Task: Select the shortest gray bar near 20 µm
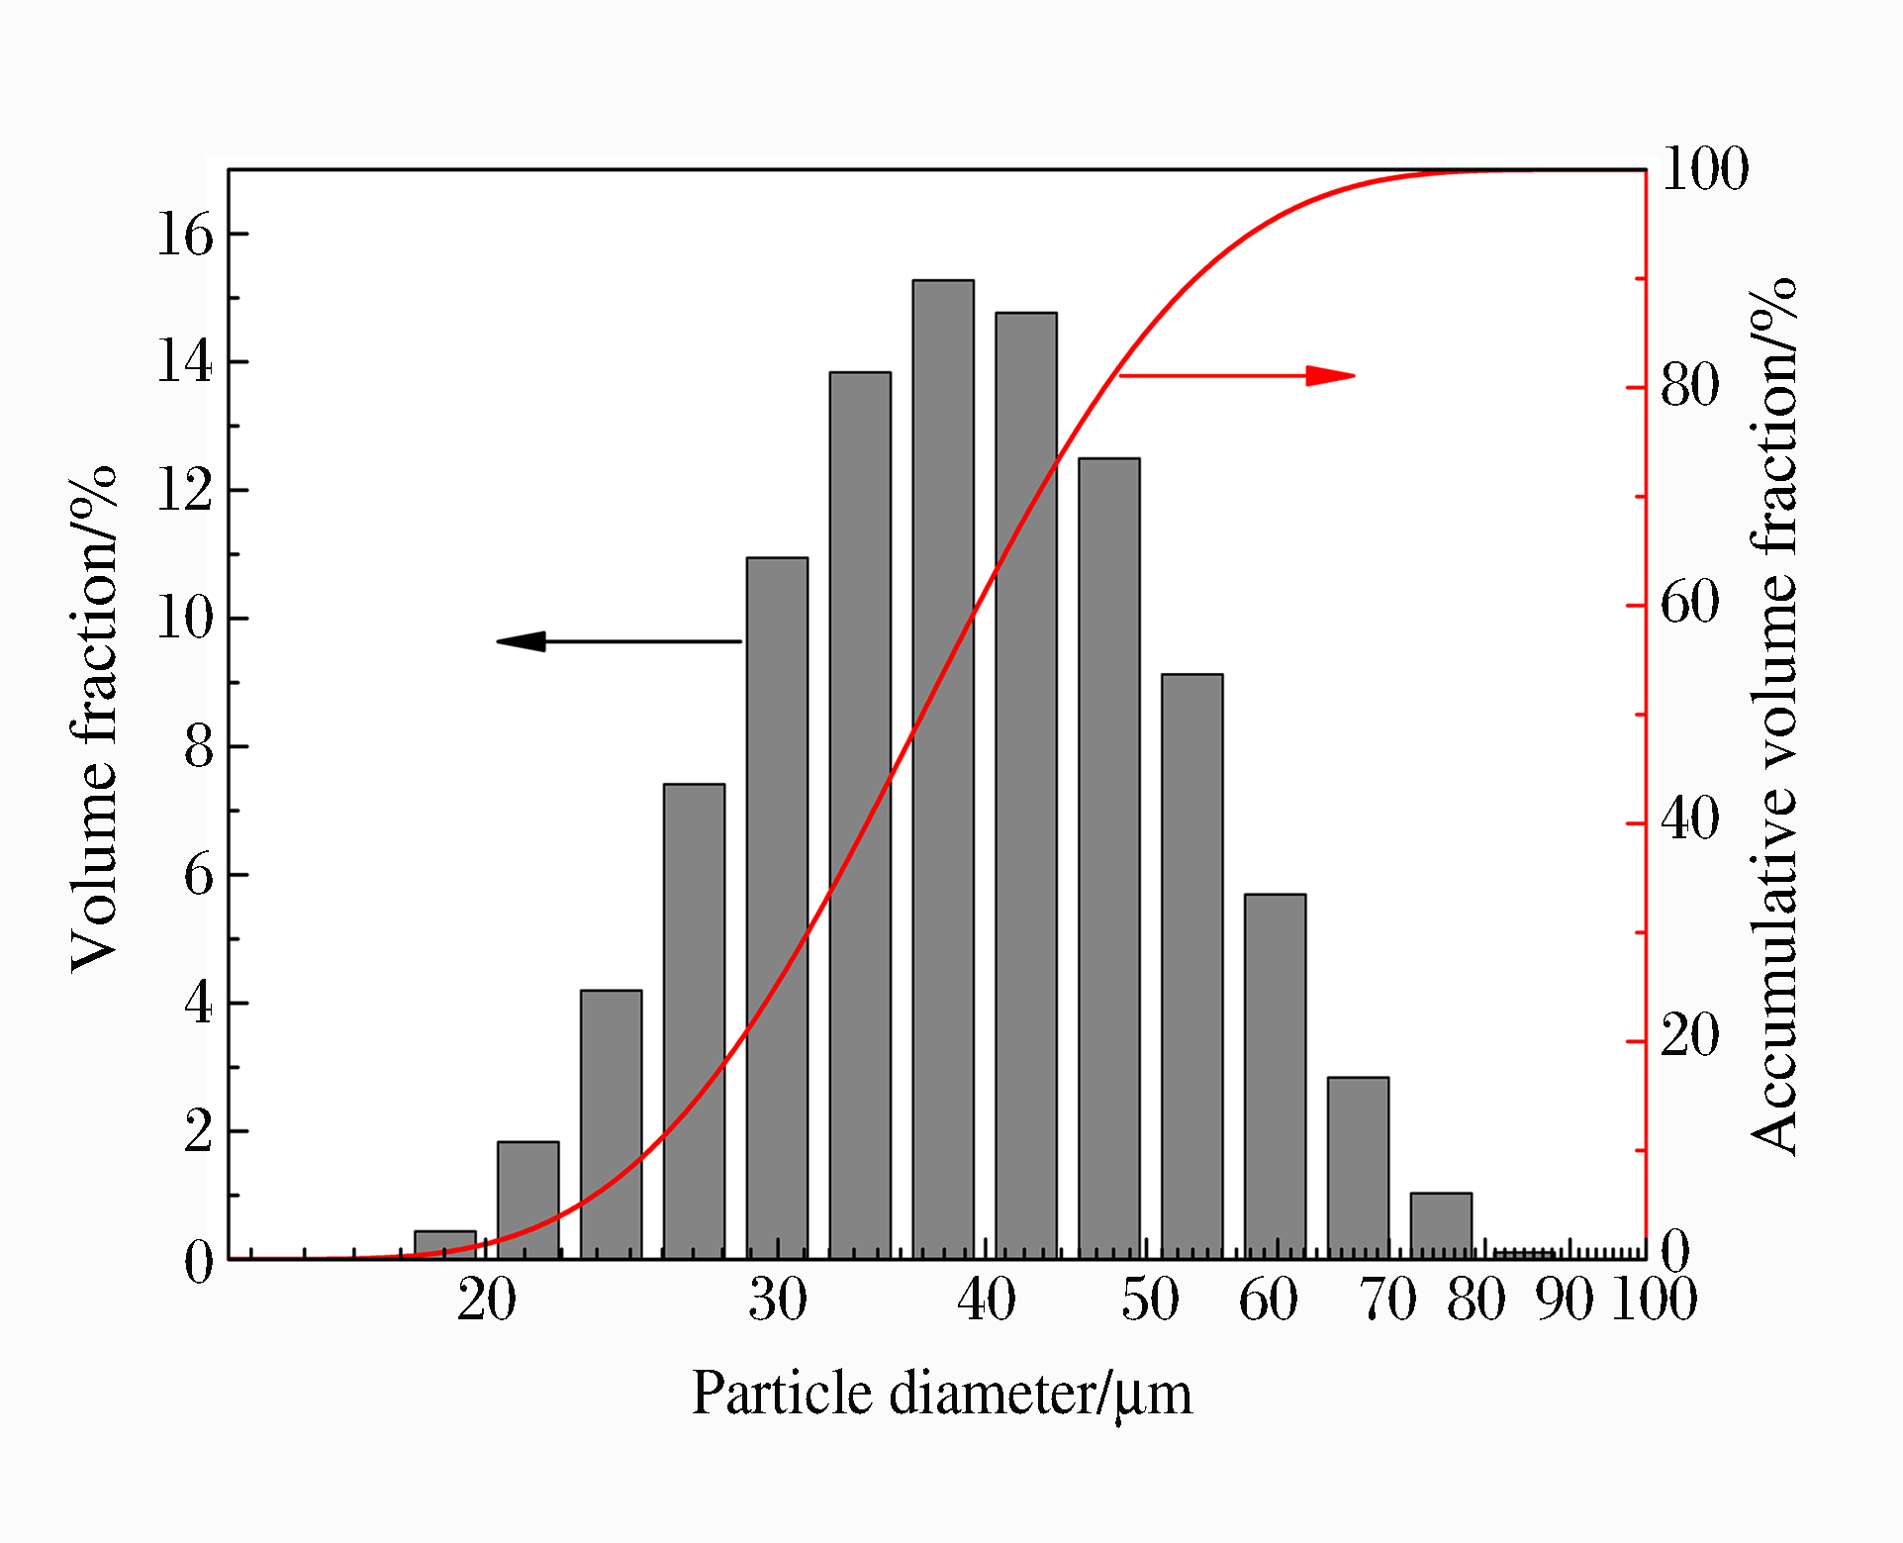tap(444, 1244)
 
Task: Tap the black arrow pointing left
tap(618, 641)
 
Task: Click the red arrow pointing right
tap(1237, 376)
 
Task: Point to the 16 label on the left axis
tap(185, 236)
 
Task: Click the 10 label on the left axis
tap(185, 620)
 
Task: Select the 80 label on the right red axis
tap(1690, 385)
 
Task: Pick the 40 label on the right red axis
tap(1690, 820)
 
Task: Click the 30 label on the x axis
tap(778, 1300)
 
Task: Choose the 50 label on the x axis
tap(1150, 1300)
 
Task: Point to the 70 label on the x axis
tap(1388, 1300)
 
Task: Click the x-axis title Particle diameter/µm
tap(941, 1395)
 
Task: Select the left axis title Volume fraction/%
tap(95, 719)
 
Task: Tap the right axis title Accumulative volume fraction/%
tap(1773, 717)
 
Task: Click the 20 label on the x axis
tap(487, 1300)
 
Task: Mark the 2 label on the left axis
tap(198, 1132)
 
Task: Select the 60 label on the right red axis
tap(1690, 603)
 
